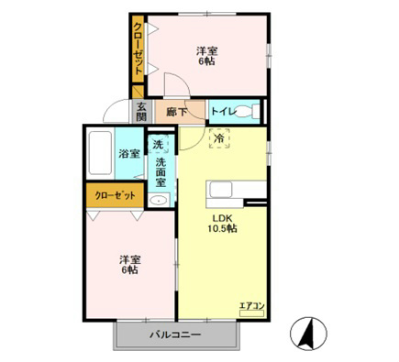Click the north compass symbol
point(308,334)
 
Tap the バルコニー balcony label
point(175,335)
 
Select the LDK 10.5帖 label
point(223,224)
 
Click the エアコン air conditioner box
point(251,313)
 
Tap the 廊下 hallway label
point(176,112)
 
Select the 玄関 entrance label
point(141,112)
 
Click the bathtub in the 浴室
point(100,153)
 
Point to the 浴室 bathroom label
point(129,154)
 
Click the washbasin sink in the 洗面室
point(159,201)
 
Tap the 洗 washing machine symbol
point(158,144)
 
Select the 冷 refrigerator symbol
point(219,138)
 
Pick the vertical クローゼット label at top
point(138,49)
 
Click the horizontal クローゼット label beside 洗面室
point(115,195)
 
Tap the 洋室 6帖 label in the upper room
point(206,56)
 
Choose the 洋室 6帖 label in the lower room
point(129,265)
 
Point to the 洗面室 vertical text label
point(161,172)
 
